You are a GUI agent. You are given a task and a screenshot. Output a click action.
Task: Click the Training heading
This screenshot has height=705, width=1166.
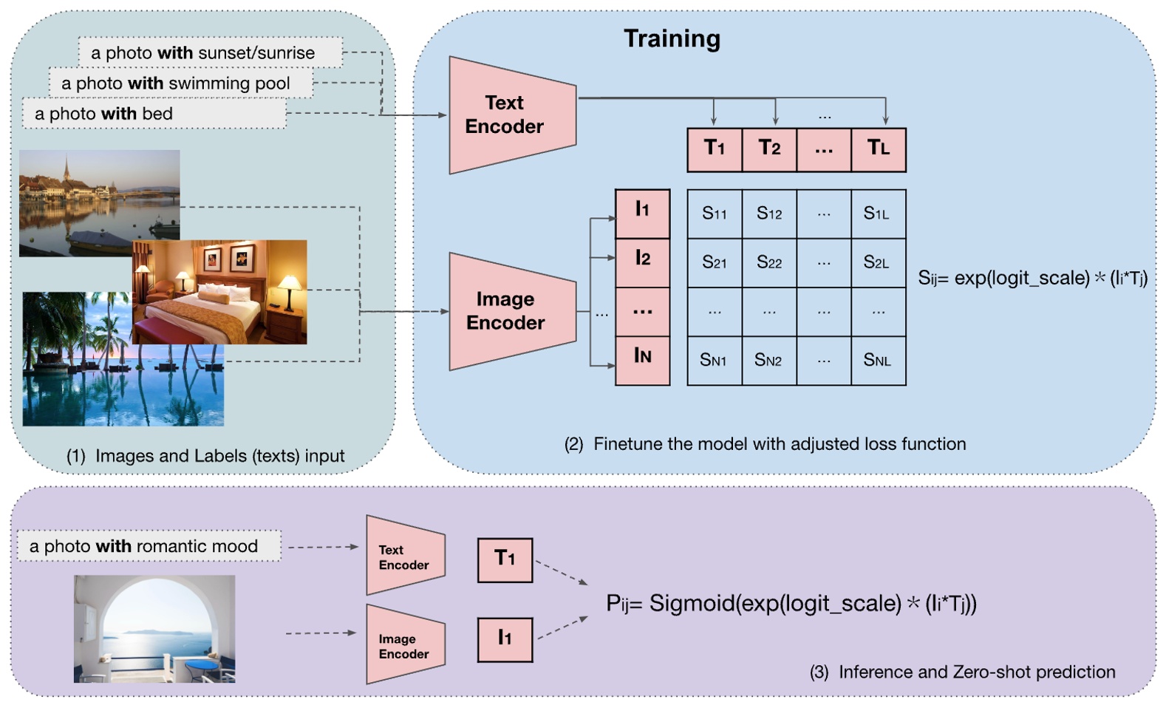[x=672, y=38]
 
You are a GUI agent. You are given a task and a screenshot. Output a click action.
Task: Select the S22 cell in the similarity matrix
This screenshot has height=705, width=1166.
[x=769, y=262]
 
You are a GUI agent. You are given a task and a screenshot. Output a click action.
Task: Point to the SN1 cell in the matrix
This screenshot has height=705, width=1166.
[x=714, y=360]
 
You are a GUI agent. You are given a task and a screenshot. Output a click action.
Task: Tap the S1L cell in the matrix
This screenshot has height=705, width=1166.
[x=878, y=214]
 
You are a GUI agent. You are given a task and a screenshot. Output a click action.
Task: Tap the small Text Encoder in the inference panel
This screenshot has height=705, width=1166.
[x=404, y=556]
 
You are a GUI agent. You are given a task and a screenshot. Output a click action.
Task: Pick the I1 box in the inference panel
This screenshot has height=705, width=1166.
[x=505, y=638]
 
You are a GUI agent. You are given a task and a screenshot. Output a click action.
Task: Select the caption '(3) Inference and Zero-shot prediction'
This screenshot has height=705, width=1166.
[x=963, y=672]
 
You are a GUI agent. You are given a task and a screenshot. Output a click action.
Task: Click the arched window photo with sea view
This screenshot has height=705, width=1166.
[x=154, y=628]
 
